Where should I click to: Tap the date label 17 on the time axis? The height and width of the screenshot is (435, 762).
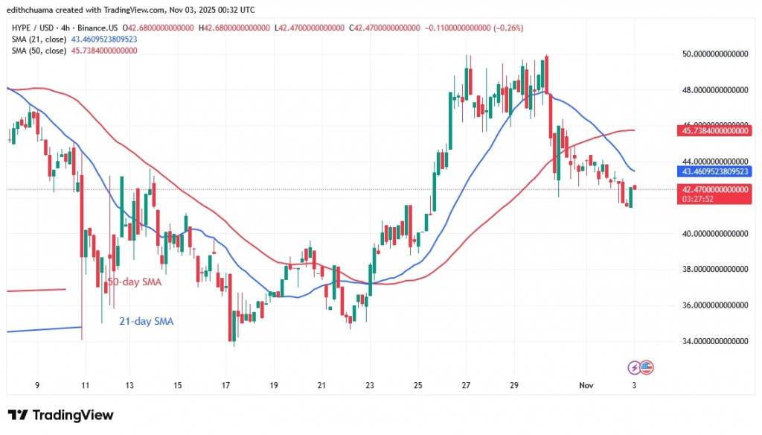pyautogui.click(x=226, y=385)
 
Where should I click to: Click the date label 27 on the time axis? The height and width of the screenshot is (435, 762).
pyautogui.click(x=467, y=385)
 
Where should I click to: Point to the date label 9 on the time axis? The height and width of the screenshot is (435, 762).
pyautogui.click(x=36, y=385)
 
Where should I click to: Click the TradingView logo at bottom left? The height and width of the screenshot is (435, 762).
pyautogui.click(x=60, y=415)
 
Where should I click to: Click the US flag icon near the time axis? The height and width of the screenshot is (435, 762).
pyautogui.click(x=646, y=367)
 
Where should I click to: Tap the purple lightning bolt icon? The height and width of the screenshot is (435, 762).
pyautogui.click(x=634, y=367)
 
